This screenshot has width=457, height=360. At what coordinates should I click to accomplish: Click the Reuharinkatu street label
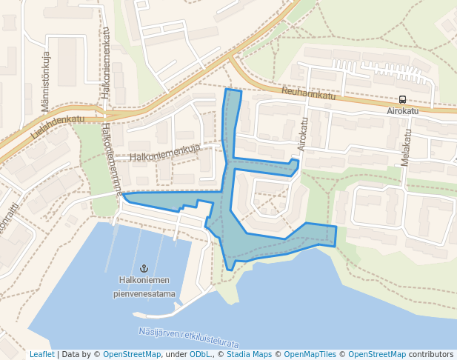(308, 95)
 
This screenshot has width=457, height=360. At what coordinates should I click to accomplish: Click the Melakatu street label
(406, 148)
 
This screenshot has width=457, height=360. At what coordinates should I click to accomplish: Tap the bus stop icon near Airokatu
(402, 99)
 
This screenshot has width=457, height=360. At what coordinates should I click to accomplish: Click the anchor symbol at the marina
(144, 267)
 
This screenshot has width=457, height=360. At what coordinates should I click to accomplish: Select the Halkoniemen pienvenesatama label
(144, 287)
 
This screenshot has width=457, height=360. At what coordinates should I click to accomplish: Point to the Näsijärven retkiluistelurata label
(188, 338)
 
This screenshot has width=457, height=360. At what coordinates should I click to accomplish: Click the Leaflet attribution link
(41, 354)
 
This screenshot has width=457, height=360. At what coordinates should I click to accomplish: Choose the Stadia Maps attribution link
(249, 354)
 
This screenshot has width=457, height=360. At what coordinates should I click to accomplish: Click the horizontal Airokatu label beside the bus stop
(402, 110)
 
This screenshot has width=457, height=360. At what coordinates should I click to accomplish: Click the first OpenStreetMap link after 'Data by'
(132, 354)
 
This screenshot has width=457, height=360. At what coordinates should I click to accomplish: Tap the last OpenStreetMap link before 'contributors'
(376, 354)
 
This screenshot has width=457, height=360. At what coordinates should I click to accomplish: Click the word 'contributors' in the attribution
(430, 354)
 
